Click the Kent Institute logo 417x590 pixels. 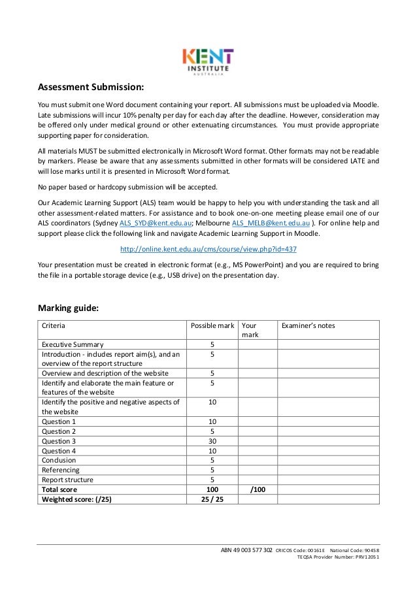pyautogui.click(x=208, y=62)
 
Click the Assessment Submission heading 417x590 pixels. pyautogui.click(x=90, y=87)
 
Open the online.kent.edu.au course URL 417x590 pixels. pyautogui.click(x=208, y=249)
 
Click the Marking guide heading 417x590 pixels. pyautogui.click(x=69, y=308)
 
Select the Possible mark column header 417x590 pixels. pyautogui.click(x=211, y=325)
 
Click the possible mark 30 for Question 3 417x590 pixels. pyautogui.click(x=212, y=441)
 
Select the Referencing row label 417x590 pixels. pyautogui.click(x=61, y=470)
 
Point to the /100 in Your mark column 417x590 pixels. pyautogui.click(x=257, y=489)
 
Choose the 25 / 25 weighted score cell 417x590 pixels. pyautogui.click(x=212, y=499)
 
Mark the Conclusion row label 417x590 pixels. pyautogui.click(x=59, y=460)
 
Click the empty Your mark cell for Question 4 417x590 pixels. pyautogui.click(x=257, y=451)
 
